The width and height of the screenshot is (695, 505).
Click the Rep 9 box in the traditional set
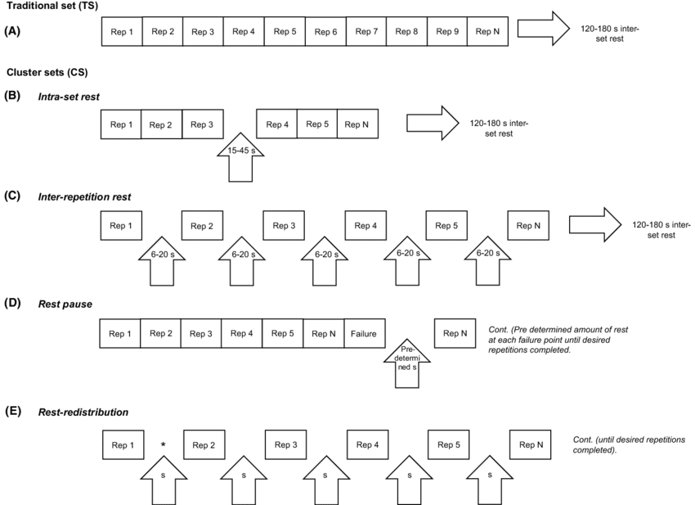pos(447,32)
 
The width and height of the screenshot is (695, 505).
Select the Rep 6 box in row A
pos(325,32)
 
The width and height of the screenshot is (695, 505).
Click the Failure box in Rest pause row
pos(364,333)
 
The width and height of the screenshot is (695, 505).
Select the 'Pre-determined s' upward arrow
pos(406,361)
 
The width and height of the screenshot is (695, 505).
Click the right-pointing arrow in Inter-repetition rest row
pos(595,225)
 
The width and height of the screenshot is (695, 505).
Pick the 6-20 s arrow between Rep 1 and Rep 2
pos(164,258)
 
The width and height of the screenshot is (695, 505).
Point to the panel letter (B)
pos(12,96)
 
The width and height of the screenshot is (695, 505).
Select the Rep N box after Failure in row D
pos(454,333)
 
